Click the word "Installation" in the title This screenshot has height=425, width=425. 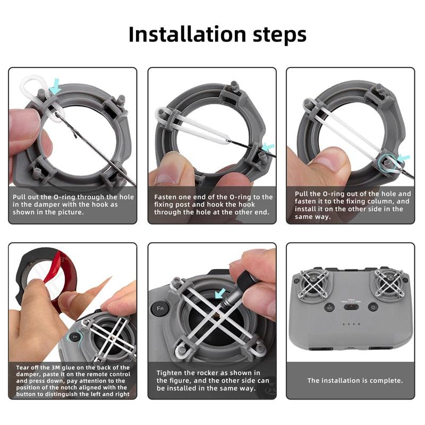tap(186, 35)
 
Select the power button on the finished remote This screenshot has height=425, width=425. tap(373, 307)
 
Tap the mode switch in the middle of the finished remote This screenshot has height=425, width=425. tap(351, 307)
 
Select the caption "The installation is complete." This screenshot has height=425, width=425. tap(355, 380)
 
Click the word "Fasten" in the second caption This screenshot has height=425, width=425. tap(167, 197)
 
